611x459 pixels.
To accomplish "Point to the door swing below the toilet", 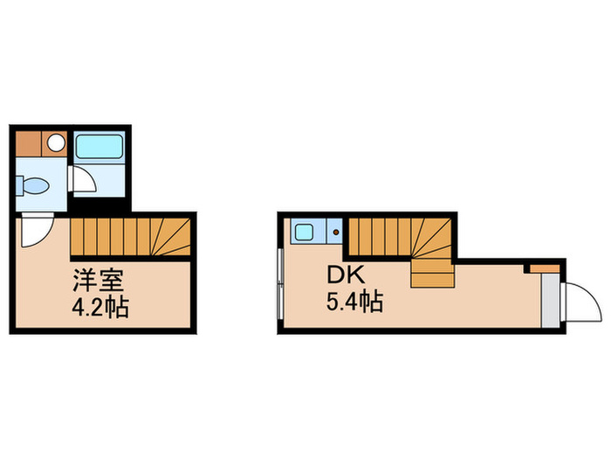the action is tap(36, 229).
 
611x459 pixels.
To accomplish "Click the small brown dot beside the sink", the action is tap(335, 233).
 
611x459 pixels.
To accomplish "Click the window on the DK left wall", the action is tap(278, 284).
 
